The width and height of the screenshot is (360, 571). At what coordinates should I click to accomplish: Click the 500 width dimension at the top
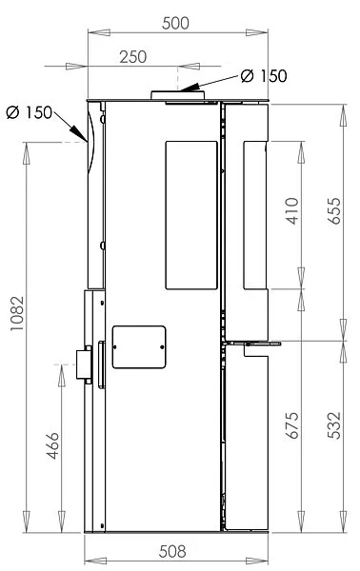175,23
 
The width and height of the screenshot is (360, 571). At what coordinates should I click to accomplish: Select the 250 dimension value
133,57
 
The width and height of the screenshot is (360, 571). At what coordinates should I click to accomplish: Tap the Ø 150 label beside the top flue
264,76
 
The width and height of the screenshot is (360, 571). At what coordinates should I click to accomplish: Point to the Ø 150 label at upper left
30,112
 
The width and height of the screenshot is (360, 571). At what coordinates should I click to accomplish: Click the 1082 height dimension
17,313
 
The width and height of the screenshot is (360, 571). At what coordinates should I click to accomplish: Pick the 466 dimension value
53,445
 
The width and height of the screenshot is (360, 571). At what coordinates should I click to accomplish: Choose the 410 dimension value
292,211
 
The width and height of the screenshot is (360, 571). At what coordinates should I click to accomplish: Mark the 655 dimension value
334,211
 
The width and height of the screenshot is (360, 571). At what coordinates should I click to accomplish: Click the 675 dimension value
292,425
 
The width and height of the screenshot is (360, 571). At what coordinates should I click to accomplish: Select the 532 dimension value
334,425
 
